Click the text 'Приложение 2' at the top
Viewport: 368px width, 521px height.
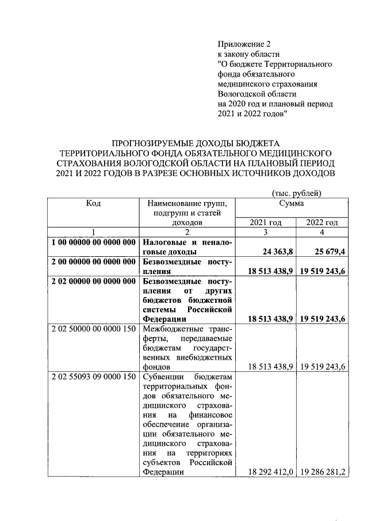click(x=244, y=44)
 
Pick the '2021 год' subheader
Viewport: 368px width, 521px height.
click(x=266, y=222)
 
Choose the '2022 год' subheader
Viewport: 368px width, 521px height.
click(x=321, y=222)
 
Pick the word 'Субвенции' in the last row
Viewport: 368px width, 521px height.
click(x=163, y=377)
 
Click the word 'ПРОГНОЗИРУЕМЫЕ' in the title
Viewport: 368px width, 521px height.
click(x=151, y=142)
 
